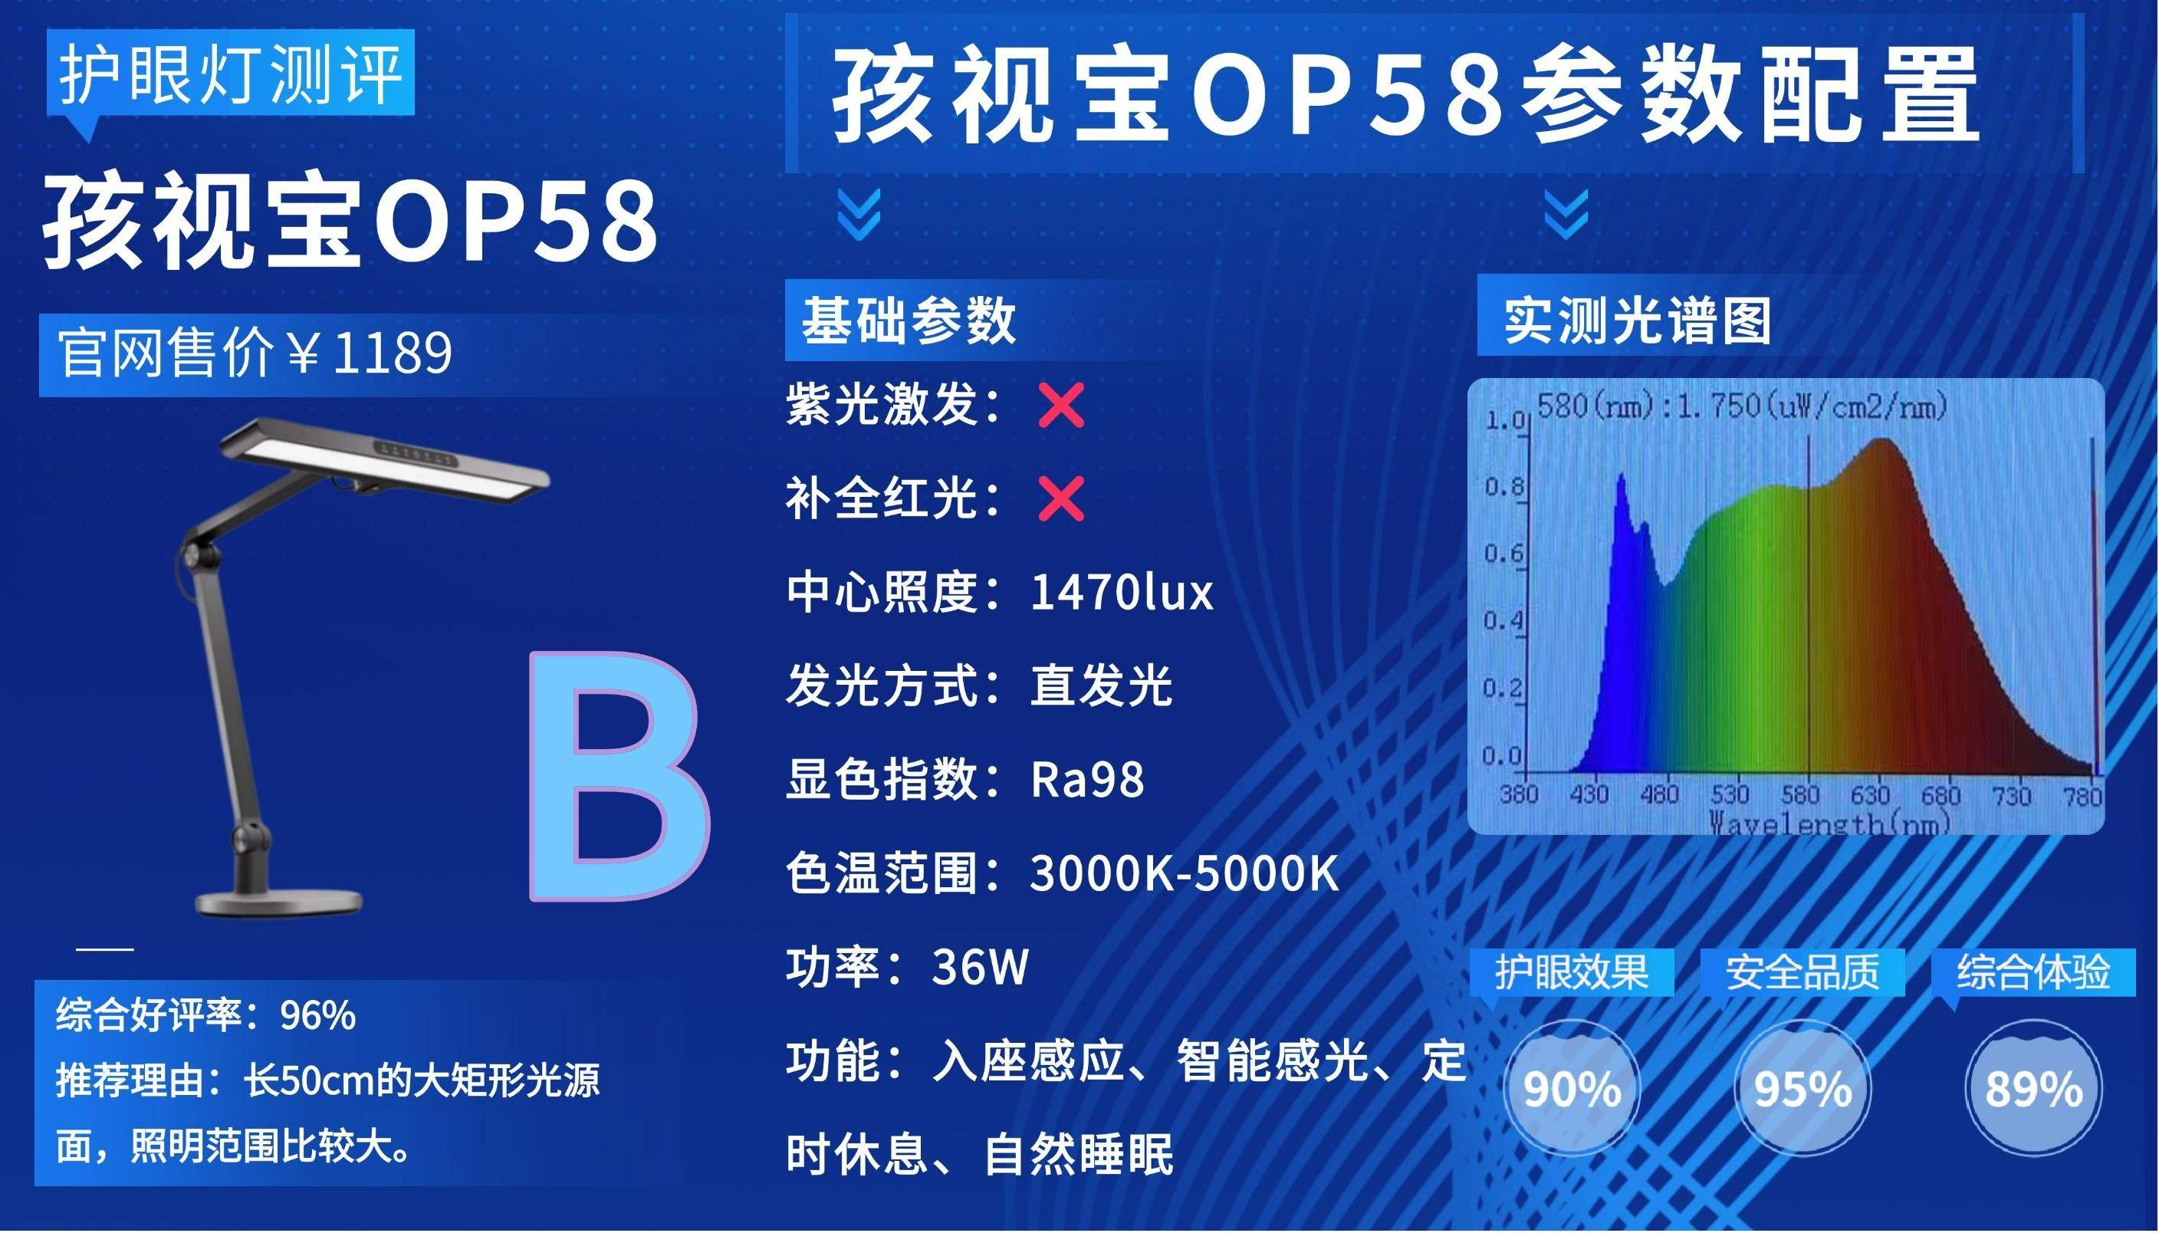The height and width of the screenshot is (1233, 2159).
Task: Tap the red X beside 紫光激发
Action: [1061, 406]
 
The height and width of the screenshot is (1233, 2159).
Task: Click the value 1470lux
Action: [1121, 592]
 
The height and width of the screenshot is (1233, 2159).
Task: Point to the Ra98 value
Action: [1087, 779]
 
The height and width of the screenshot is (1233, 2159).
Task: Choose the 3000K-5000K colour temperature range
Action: [1185, 873]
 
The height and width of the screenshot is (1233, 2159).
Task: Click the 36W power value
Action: [980, 966]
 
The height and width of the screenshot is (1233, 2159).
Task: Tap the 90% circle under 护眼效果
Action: [1572, 1087]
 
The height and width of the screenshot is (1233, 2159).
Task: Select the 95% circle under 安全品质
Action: [1802, 1087]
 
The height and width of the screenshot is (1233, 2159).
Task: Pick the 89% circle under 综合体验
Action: [2032, 1087]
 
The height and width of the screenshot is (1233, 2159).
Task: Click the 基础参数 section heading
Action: [909, 321]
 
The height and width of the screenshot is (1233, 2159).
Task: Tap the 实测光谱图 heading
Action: [1638, 321]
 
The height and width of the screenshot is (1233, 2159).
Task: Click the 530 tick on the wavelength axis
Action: [1729, 794]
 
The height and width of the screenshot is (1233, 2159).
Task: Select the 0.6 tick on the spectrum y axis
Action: [1503, 554]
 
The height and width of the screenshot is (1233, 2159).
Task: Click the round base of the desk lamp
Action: [279, 901]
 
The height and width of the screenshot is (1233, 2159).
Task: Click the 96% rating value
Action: [317, 1014]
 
